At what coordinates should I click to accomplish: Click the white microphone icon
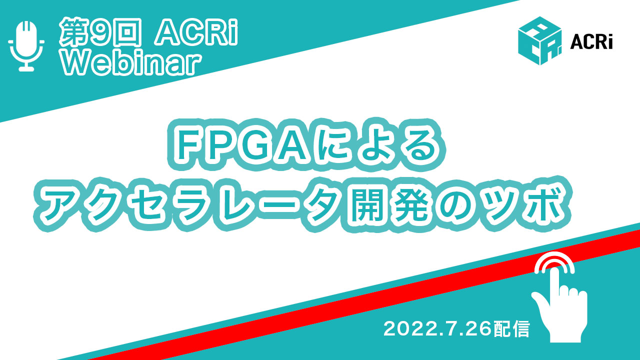[26, 45]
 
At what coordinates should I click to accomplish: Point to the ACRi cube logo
[539, 40]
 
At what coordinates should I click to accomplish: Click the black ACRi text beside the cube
[591, 42]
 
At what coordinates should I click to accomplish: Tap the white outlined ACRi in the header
[196, 32]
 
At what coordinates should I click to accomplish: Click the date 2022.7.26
[437, 328]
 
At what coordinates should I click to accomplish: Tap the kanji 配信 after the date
[511, 329]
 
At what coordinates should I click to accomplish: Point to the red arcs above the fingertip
[554, 258]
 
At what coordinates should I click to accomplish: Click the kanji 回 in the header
[127, 32]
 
